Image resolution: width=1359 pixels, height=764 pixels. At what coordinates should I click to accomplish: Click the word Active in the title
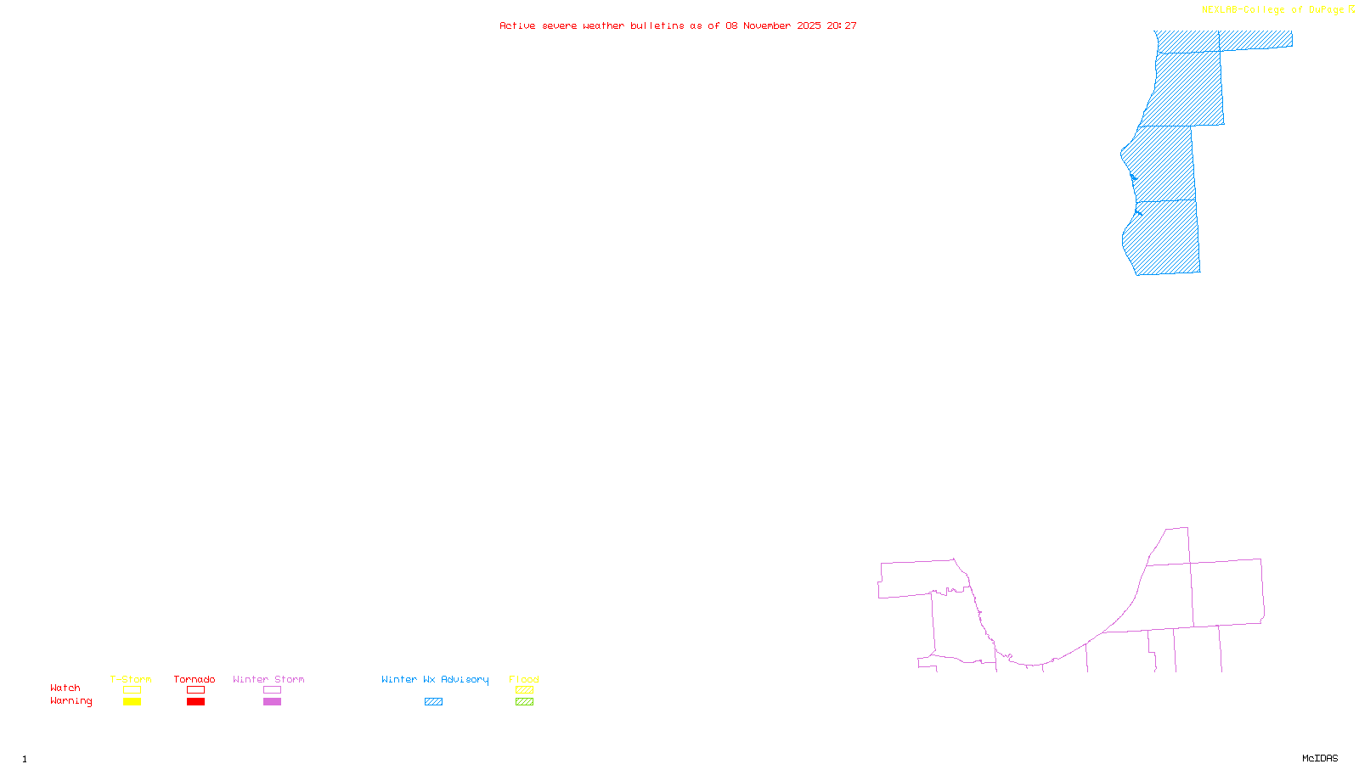tap(517, 25)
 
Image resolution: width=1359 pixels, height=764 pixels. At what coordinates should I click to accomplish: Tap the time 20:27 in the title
tap(842, 25)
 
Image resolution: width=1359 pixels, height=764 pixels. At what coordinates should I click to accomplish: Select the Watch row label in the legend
tap(65, 688)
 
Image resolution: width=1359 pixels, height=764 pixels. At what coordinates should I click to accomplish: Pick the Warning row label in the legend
tap(70, 701)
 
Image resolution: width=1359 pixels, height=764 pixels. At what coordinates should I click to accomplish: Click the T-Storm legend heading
tap(131, 679)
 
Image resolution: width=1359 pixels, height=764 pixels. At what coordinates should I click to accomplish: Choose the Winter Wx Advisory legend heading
tap(435, 679)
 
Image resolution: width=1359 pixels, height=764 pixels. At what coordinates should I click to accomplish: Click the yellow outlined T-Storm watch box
tap(132, 690)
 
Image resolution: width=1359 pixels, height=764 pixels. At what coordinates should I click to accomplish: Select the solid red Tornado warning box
tap(195, 702)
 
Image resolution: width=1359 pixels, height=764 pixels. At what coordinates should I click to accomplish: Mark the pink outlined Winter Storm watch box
tap(272, 690)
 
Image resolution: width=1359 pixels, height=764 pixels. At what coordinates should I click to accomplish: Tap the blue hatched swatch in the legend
tap(433, 702)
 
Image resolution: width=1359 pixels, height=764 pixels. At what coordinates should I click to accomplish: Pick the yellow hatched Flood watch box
tap(524, 690)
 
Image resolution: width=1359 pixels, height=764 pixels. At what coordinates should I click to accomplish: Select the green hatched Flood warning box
tap(524, 702)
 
